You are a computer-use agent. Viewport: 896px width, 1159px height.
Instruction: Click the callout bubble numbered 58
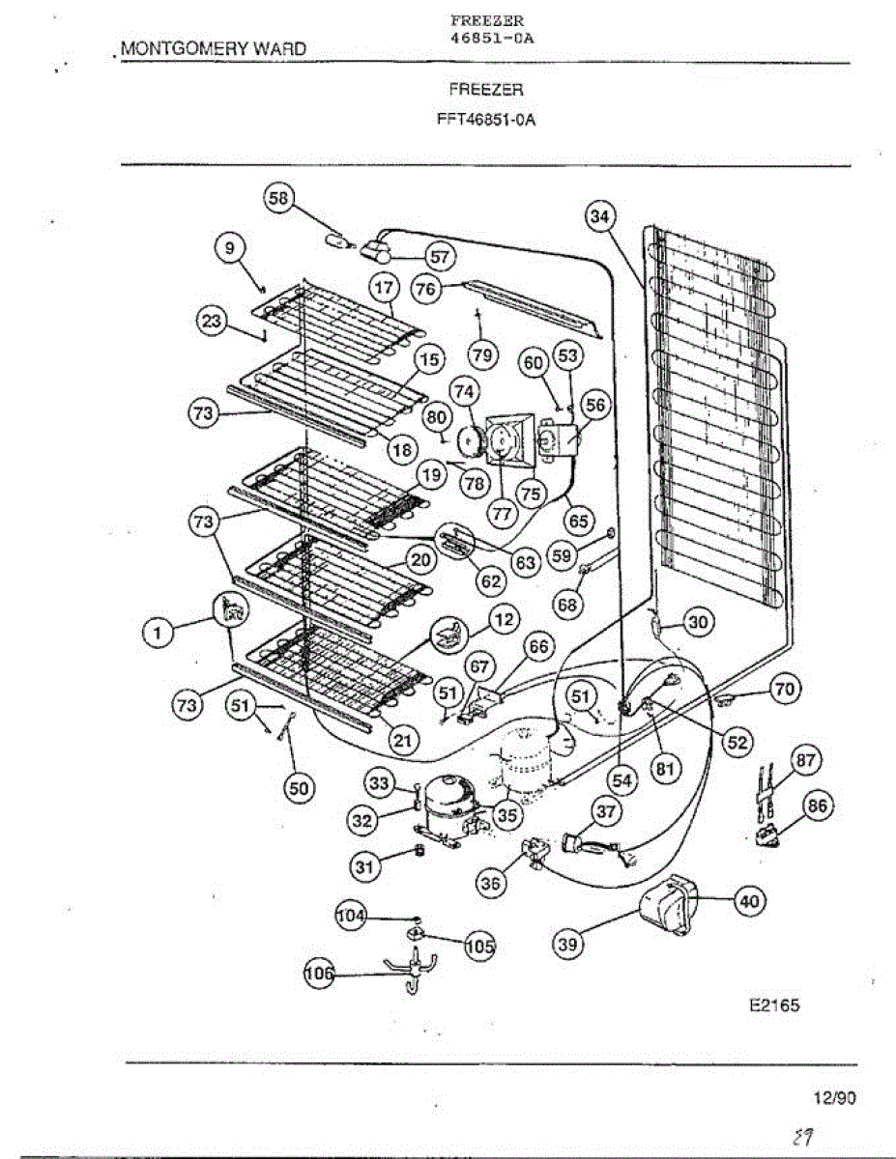pyautogui.click(x=278, y=198)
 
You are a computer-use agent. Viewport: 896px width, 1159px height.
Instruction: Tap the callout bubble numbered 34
pyautogui.click(x=600, y=217)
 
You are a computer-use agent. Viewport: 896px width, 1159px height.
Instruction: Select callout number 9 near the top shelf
pyautogui.click(x=230, y=249)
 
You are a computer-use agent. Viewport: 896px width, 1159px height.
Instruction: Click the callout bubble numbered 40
pyautogui.click(x=749, y=901)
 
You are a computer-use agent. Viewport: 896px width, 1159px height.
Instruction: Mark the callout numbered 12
pyautogui.click(x=504, y=618)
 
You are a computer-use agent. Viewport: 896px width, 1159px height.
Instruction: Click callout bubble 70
pyautogui.click(x=785, y=689)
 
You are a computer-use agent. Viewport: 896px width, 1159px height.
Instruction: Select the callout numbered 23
pyautogui.click(x=212, y=322)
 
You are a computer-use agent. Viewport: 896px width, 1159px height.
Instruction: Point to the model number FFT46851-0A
pyautogui.click(x=486, y=122)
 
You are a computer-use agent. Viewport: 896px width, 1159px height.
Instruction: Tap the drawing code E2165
pyautogui.click(x=774, y=1004)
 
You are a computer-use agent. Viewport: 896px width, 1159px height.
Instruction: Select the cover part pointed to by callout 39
pyautogui.click(x=667, y=908)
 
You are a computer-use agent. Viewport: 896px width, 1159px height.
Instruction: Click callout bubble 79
pyautogui.click(x=482, y=355)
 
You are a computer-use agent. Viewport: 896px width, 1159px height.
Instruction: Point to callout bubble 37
pyautogui.click(x=605, y=812)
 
